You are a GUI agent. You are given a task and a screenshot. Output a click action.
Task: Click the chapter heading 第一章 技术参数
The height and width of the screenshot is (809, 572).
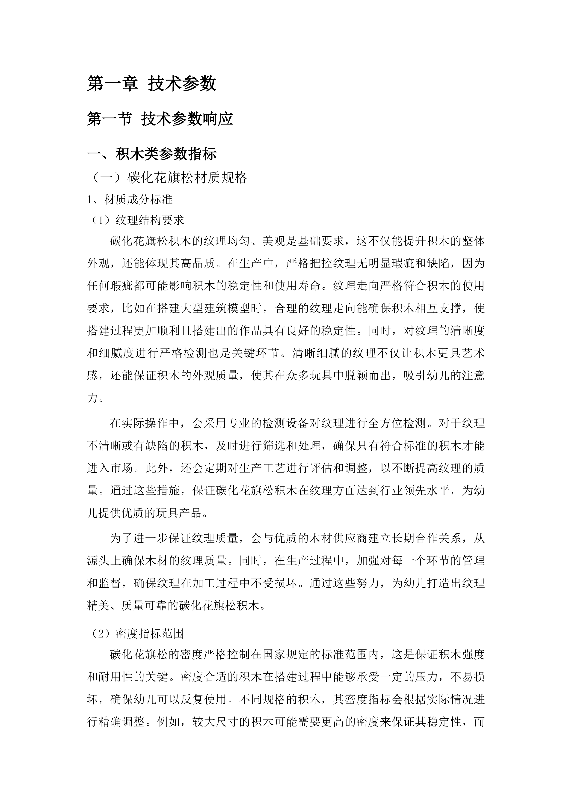(x=151, y=84)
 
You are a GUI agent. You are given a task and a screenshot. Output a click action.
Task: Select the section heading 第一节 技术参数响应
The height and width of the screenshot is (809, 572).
(x=160, y=119)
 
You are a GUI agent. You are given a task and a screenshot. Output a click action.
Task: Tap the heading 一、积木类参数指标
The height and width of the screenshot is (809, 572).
(x=151, y=154)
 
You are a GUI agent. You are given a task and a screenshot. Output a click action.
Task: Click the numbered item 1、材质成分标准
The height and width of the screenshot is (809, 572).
(x=130, y=200)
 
